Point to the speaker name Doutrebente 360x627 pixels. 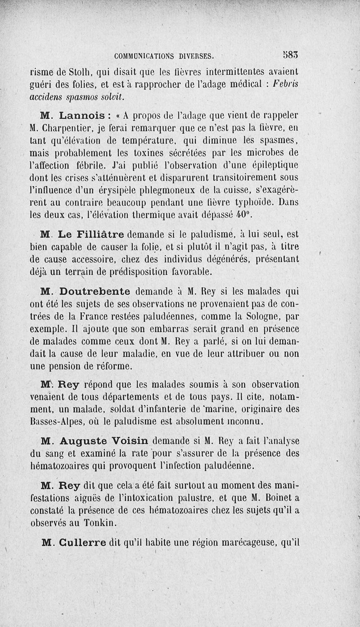pyautogui.click(x=95, y=291)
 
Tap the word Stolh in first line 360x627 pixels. pyautogui.click(x=81, y=71)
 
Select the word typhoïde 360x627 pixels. pyautogui.click(x=248, y=203)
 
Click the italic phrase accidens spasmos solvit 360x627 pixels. pyautogui.click(x=76, y=96)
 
